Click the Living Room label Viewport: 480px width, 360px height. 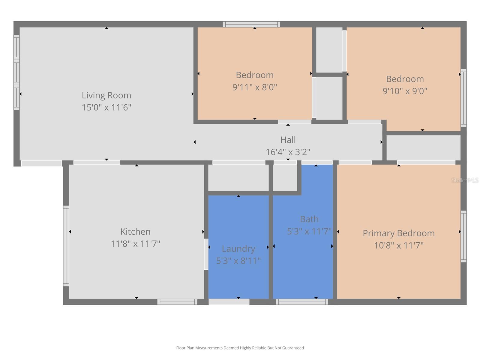pos(106,95)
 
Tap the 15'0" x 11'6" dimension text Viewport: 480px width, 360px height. pos(106,107)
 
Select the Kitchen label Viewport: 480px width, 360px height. pos(135,232)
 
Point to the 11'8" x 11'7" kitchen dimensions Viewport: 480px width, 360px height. pos(135,244)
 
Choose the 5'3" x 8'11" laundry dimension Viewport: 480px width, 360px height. pos(238,261)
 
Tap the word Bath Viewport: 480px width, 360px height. pos(309,219)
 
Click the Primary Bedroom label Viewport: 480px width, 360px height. pos(399,233)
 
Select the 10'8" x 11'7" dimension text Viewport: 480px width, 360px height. pos(399,245)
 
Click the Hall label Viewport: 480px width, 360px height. pos(288,140)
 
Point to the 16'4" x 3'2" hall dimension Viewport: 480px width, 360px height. pos(288,152)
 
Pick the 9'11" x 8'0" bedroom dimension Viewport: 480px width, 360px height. pos(254,87)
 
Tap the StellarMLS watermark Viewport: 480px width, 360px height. pos(465,180)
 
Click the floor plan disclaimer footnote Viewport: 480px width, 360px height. pos(240,348)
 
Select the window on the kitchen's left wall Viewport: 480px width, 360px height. pos(66,246)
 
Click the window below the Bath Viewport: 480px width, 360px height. pos(302,302)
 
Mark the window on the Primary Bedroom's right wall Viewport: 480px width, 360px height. pos(463,236)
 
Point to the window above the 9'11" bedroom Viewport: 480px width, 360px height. pos(251,24)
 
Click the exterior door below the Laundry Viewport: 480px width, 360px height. pos(229,302)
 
